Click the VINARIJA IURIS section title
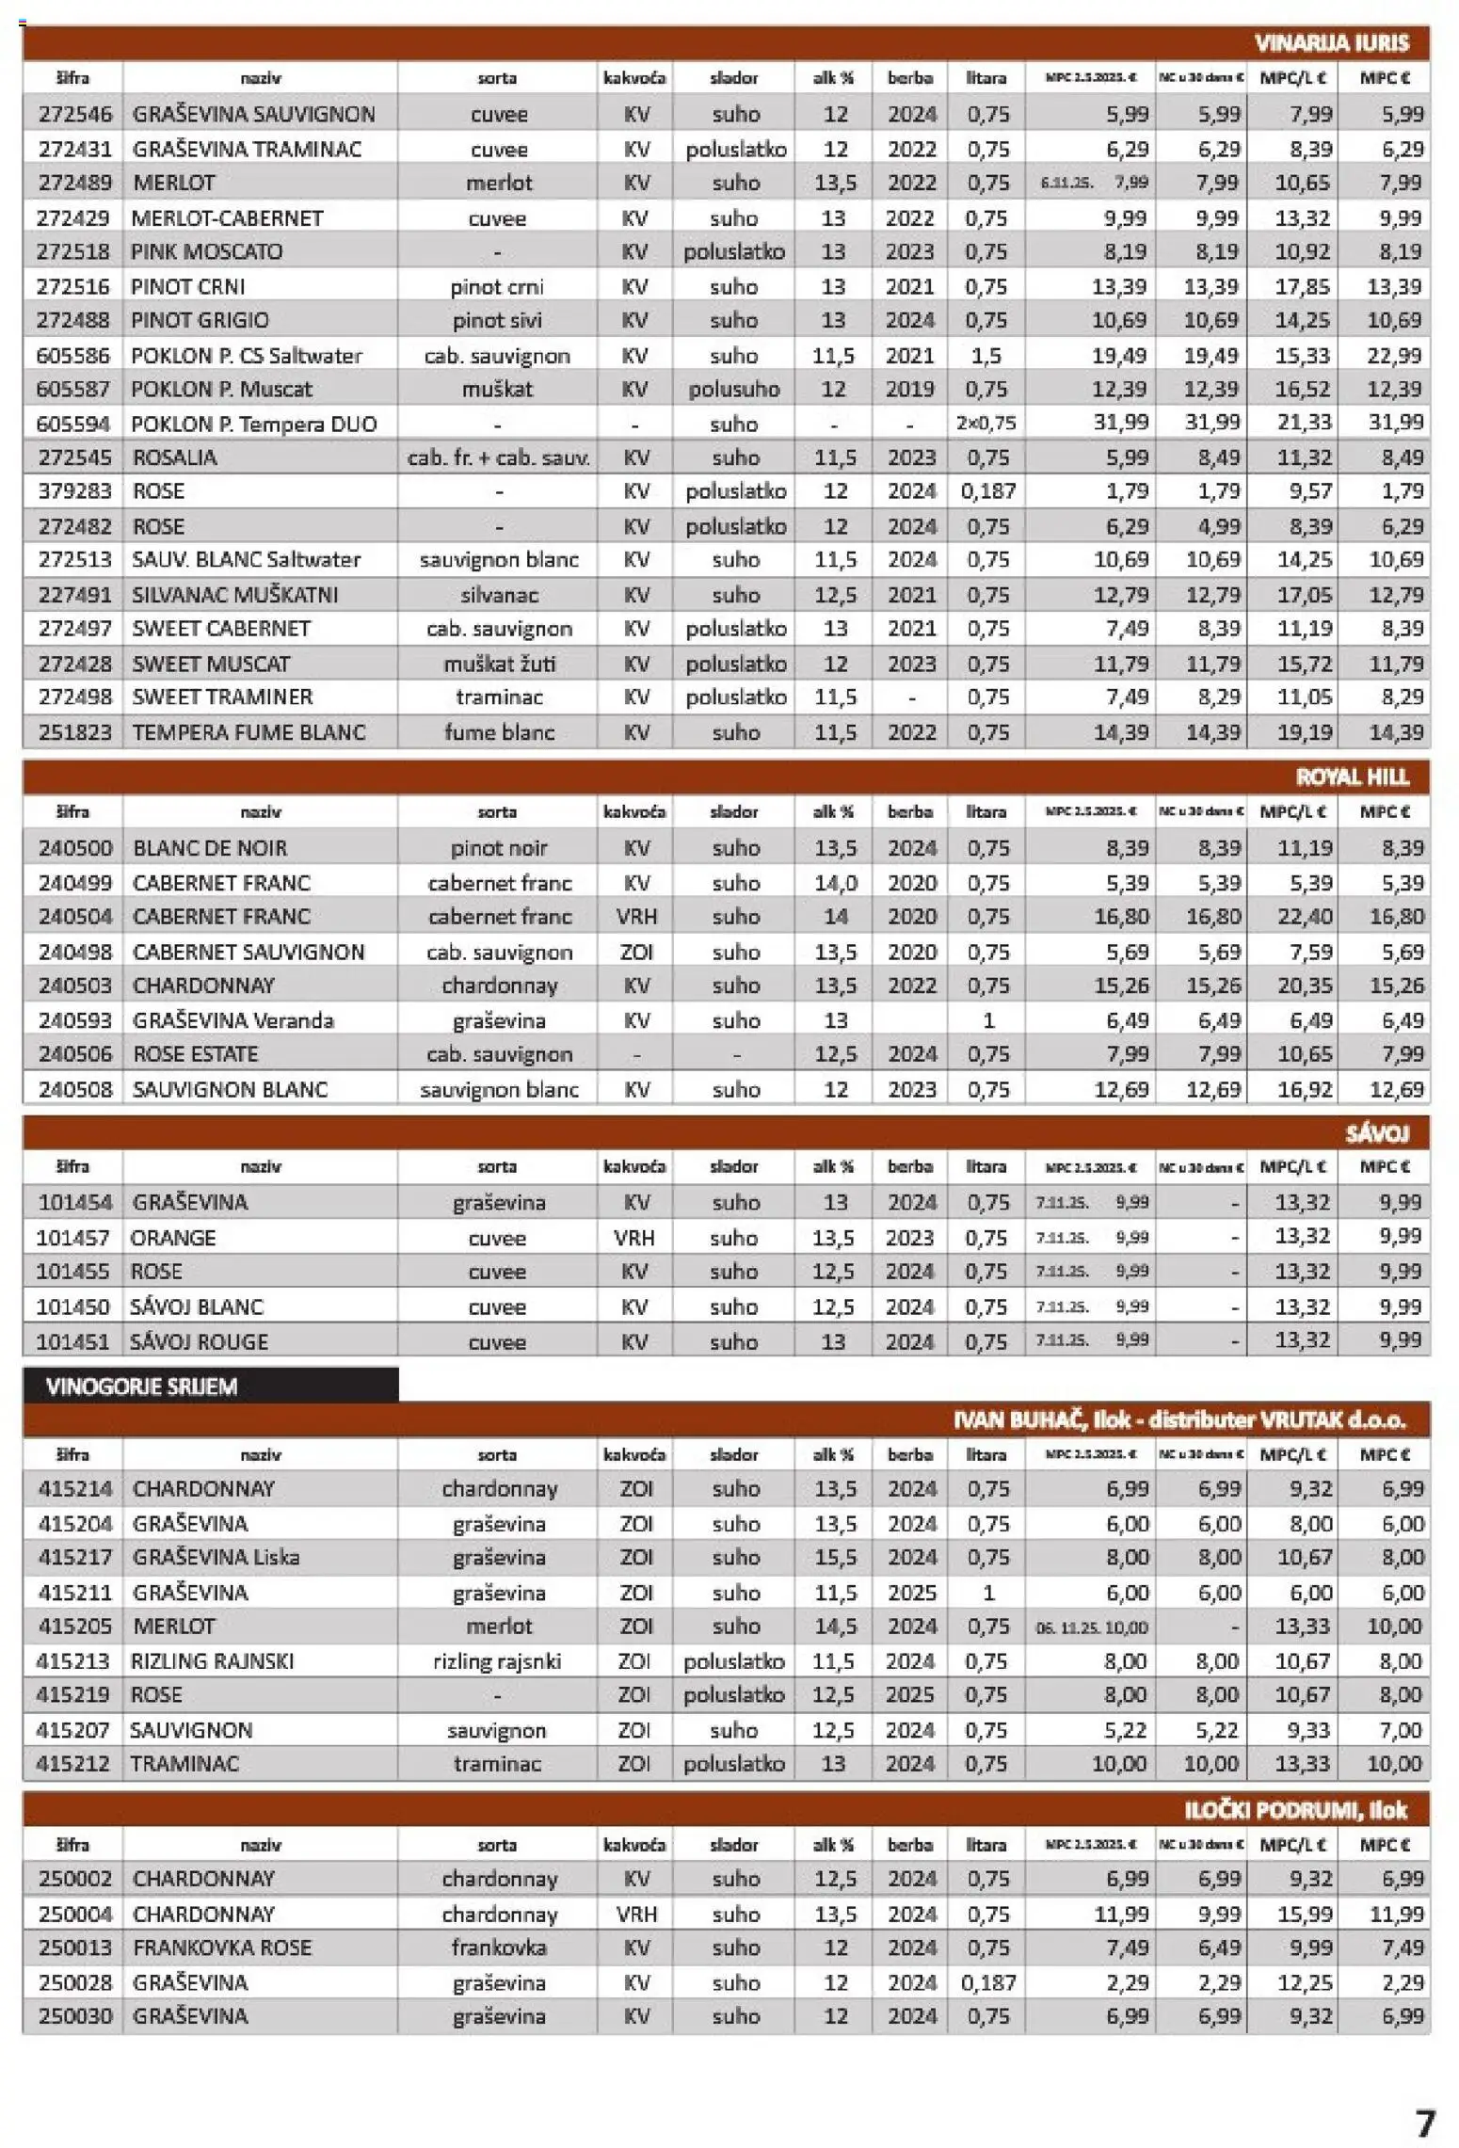click(1330, 43)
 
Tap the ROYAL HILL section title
click(1352, 777)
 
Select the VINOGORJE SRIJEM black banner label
click(141, 1387)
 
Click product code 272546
click(74, 114)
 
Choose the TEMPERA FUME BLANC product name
click(249, 732)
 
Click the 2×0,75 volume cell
click(986, 424)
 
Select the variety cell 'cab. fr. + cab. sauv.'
click(498, 458)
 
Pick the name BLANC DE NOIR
click(210, 848)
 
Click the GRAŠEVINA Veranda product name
click(232, 1020)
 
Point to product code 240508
click(74, 1089)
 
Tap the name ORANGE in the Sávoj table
click(173, 1238)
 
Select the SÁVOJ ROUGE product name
click(199, 1341)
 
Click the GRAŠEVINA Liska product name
click(216, 1558)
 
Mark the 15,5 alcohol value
click(835, 1558)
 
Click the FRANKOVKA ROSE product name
click(221, 1948)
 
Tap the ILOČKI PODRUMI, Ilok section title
click(1294, 1810)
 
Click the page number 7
click(1425, 2124)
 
